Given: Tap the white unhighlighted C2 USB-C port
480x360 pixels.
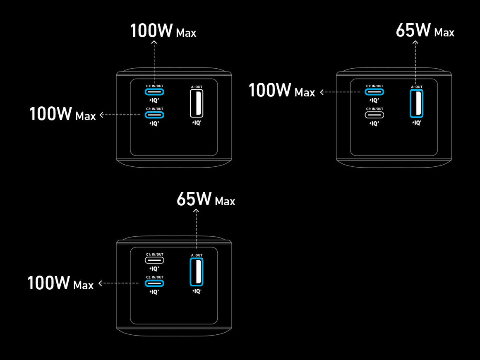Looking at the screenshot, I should pyautogui.click(x=374, y=115).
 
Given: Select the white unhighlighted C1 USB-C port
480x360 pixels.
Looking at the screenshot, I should pyautogui.click(x=154, y=260).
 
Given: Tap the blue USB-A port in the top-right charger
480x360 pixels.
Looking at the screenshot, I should pyautogui.click(x=416, y=103).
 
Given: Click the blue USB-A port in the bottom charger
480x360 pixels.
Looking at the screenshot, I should pyautogui.click(x=197, y=272).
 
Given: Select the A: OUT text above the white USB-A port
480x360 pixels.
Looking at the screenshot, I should pyautogui.click(x=197, y=87).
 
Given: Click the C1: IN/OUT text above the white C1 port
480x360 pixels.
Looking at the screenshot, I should pyautogui.click(x=154, y=254).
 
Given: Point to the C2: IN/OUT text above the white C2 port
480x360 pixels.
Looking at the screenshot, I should pyautogui.click(x=374, y=109).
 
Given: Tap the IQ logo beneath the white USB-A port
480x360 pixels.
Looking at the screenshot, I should pyautogui.click(x=197, y=122).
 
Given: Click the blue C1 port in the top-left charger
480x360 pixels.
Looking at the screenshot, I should pyautogui.click(x=154, y=92).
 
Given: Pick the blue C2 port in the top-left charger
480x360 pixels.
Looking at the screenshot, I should pyautogui.click(x=154, y=115).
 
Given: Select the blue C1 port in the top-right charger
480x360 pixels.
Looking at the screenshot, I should pyautogui.click(x=374, y=92).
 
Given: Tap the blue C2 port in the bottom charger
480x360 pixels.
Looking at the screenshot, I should pyautogui.click(x=154, y=283).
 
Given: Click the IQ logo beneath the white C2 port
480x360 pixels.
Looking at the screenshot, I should pyautogui.click(x=374, y=123).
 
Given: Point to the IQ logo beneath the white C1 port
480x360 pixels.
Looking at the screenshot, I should pyautogui.click(x=154, y=269).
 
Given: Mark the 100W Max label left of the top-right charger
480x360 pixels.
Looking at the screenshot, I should pyautogui.click(x=281, y=91).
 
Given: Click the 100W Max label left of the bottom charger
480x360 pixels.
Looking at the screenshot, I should pyautogui.click(x=60, y=283).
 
